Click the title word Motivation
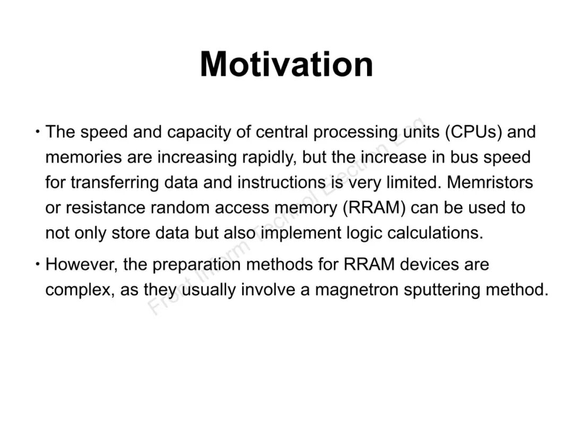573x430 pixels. point(286,64)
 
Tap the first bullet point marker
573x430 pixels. point(38,130)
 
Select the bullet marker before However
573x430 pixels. point(38,263)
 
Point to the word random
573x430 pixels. point(180,208)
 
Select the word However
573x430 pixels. point(80,264)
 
